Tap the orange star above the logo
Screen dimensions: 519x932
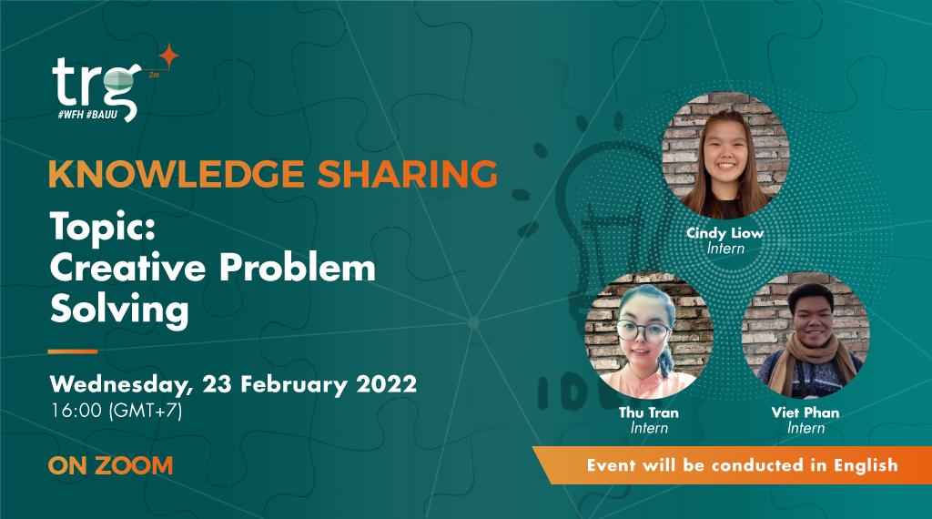[167, 56]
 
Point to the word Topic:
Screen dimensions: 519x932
[101, 225]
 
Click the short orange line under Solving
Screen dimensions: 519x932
[73, 351]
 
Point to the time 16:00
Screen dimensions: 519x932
[76, 411]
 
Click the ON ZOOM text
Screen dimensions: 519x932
[110, 466]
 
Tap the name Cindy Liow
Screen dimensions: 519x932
[724, 233]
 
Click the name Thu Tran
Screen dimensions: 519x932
[648, 412]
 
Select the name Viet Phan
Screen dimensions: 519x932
[805, 412]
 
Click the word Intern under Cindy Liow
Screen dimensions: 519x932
[725, 249]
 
